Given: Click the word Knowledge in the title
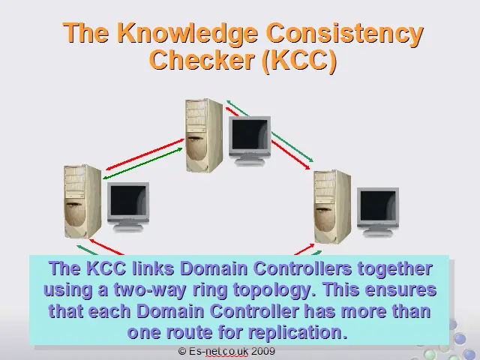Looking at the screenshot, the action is click(x=187, y=33).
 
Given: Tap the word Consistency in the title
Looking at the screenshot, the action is click(x=345, y=33).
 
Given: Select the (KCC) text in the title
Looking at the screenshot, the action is click(x=300, y=60).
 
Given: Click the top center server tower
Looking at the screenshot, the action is click(x=204, y=135).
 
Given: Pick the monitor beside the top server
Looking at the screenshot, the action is click(x=250, y=140).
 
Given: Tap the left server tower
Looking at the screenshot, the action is click(x=82, y=202).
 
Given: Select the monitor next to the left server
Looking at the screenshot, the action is click(x=128, y=207).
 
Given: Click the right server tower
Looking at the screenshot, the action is click(x=333, y=207).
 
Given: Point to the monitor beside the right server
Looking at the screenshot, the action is click(x=378, y=211).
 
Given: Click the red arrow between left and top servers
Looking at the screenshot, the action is click(x=145, y=154).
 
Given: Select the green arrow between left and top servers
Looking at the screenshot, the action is click(x=142, y=163).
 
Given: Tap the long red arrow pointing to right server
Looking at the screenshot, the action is click(x=290, y=154).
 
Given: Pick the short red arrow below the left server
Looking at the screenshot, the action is click(x=106, y=247).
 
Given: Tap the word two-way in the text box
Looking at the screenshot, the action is click(x=150, y=290).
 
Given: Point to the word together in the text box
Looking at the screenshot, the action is click(x=394, y=268).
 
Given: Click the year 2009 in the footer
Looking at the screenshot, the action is click(x=263, y=351).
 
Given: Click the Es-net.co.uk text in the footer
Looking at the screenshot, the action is click(x=218, y=351).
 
